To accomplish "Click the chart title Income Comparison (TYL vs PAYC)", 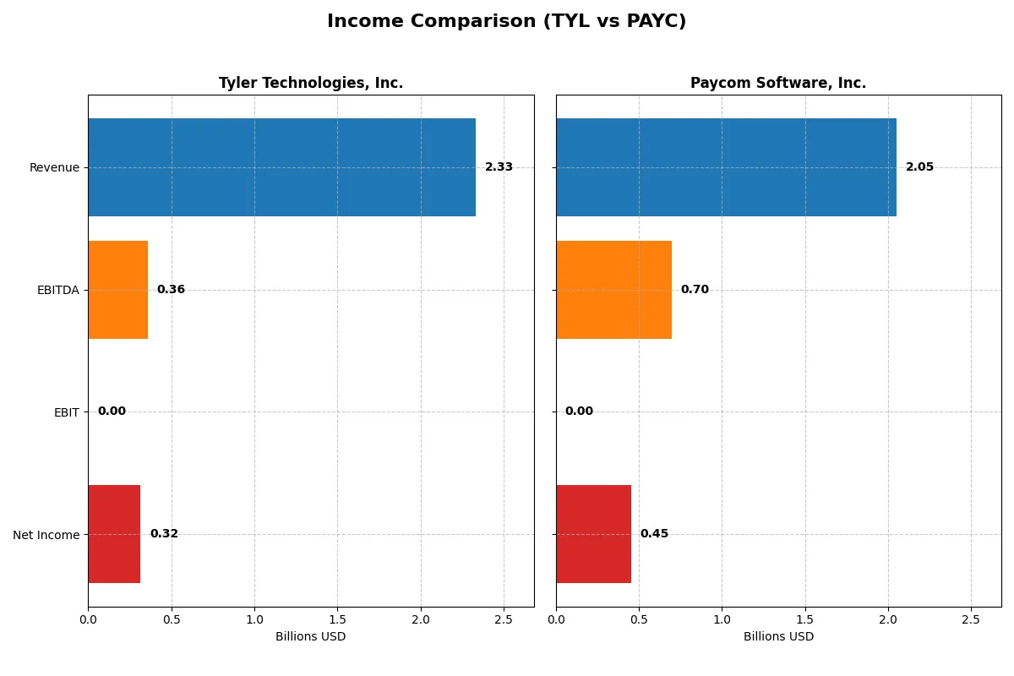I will click(506, 22).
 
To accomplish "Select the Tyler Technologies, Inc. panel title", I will click(311, 83).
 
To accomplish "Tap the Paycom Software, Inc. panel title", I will click(778, 83).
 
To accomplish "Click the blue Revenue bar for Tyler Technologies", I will click(281, 167).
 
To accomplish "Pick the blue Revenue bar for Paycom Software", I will click(726, 167).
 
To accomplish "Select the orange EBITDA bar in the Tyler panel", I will click(118, 290).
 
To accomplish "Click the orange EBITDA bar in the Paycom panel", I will click(613, 290).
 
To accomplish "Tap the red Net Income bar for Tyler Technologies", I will click(114, 534).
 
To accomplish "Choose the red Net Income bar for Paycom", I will click(593, 534).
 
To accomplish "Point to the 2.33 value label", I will click(499, 167).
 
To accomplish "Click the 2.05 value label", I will click(919, 167).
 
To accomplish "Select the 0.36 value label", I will click(171, 290).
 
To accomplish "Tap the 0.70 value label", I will click(695, 290).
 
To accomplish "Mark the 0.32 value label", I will click(164, 534).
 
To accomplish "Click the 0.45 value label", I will click(654, 534).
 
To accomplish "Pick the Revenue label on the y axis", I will click(54, 167).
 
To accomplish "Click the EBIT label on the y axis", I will click(66, 412).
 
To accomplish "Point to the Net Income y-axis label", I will click(46, 534).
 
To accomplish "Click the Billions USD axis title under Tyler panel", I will click(310, 636).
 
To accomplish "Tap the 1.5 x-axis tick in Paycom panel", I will click(804, 619).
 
